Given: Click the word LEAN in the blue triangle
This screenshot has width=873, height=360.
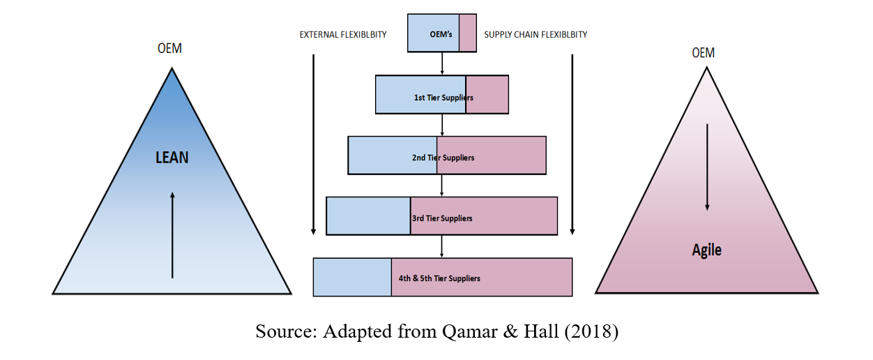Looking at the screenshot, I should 172,157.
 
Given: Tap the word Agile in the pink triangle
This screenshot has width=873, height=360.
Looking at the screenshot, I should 706,250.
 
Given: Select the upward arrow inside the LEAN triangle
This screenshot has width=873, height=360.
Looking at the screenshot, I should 172,234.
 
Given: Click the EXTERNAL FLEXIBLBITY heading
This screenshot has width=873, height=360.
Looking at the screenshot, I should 343,34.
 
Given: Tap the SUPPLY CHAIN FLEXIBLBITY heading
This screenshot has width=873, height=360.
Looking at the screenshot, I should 535,34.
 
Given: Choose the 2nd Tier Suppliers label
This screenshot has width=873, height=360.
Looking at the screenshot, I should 443,158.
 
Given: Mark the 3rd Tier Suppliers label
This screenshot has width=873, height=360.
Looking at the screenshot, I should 442,218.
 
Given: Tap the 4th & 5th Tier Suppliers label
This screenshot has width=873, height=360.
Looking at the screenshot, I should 439,278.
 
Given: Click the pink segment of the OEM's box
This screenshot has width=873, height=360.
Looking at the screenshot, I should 468,33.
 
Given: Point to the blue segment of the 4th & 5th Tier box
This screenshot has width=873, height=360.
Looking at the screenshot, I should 352,277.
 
